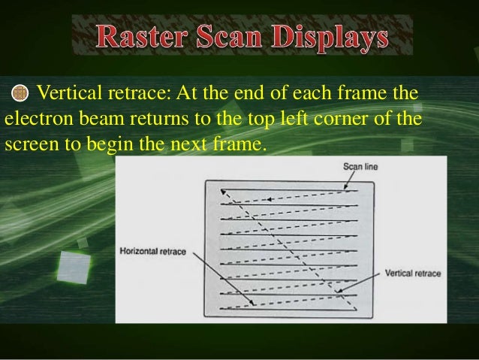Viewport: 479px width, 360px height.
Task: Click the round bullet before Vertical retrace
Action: pyautogui.click(x=20, y=94)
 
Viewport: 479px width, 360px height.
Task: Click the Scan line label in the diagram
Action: pyautogui.click(x=360, y=166)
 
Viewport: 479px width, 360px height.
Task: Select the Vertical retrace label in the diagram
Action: pyautogui.click(x=412, y=273)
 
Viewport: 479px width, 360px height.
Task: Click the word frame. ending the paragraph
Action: pyautogui.click(x=240, y=142)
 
